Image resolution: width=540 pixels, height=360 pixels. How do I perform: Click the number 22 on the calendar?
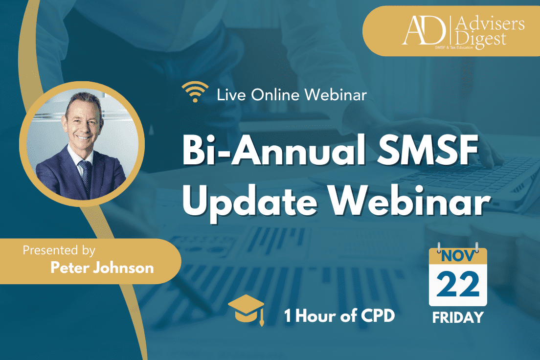click(458, 285)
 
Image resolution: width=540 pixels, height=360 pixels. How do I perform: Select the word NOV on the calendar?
click(458, 256)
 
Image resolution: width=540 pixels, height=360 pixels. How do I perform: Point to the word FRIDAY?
click(458, 317)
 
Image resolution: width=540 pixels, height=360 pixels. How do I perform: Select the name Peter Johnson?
click(102, 268)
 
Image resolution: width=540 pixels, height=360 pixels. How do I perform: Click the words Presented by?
click(59, 250)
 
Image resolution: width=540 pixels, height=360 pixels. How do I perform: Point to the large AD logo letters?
click(424, 30)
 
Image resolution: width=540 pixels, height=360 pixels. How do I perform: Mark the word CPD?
click(377, 315)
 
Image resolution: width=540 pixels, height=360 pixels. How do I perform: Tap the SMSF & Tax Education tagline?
click(454, 47)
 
